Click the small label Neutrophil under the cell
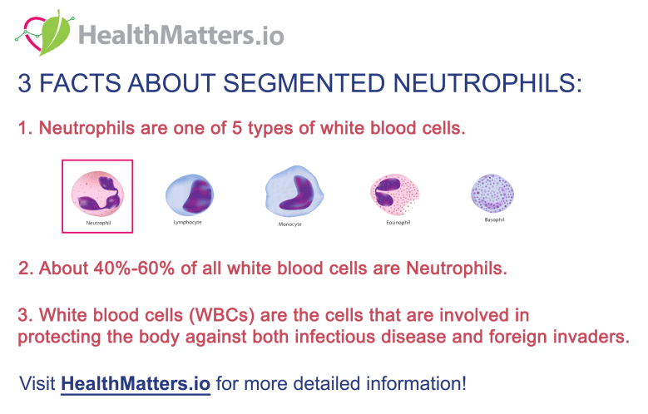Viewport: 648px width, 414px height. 97,223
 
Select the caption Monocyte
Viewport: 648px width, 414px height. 289,224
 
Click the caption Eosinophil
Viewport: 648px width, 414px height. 391,222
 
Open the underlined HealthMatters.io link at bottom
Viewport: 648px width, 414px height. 136,384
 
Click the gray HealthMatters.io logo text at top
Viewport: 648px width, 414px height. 181,35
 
